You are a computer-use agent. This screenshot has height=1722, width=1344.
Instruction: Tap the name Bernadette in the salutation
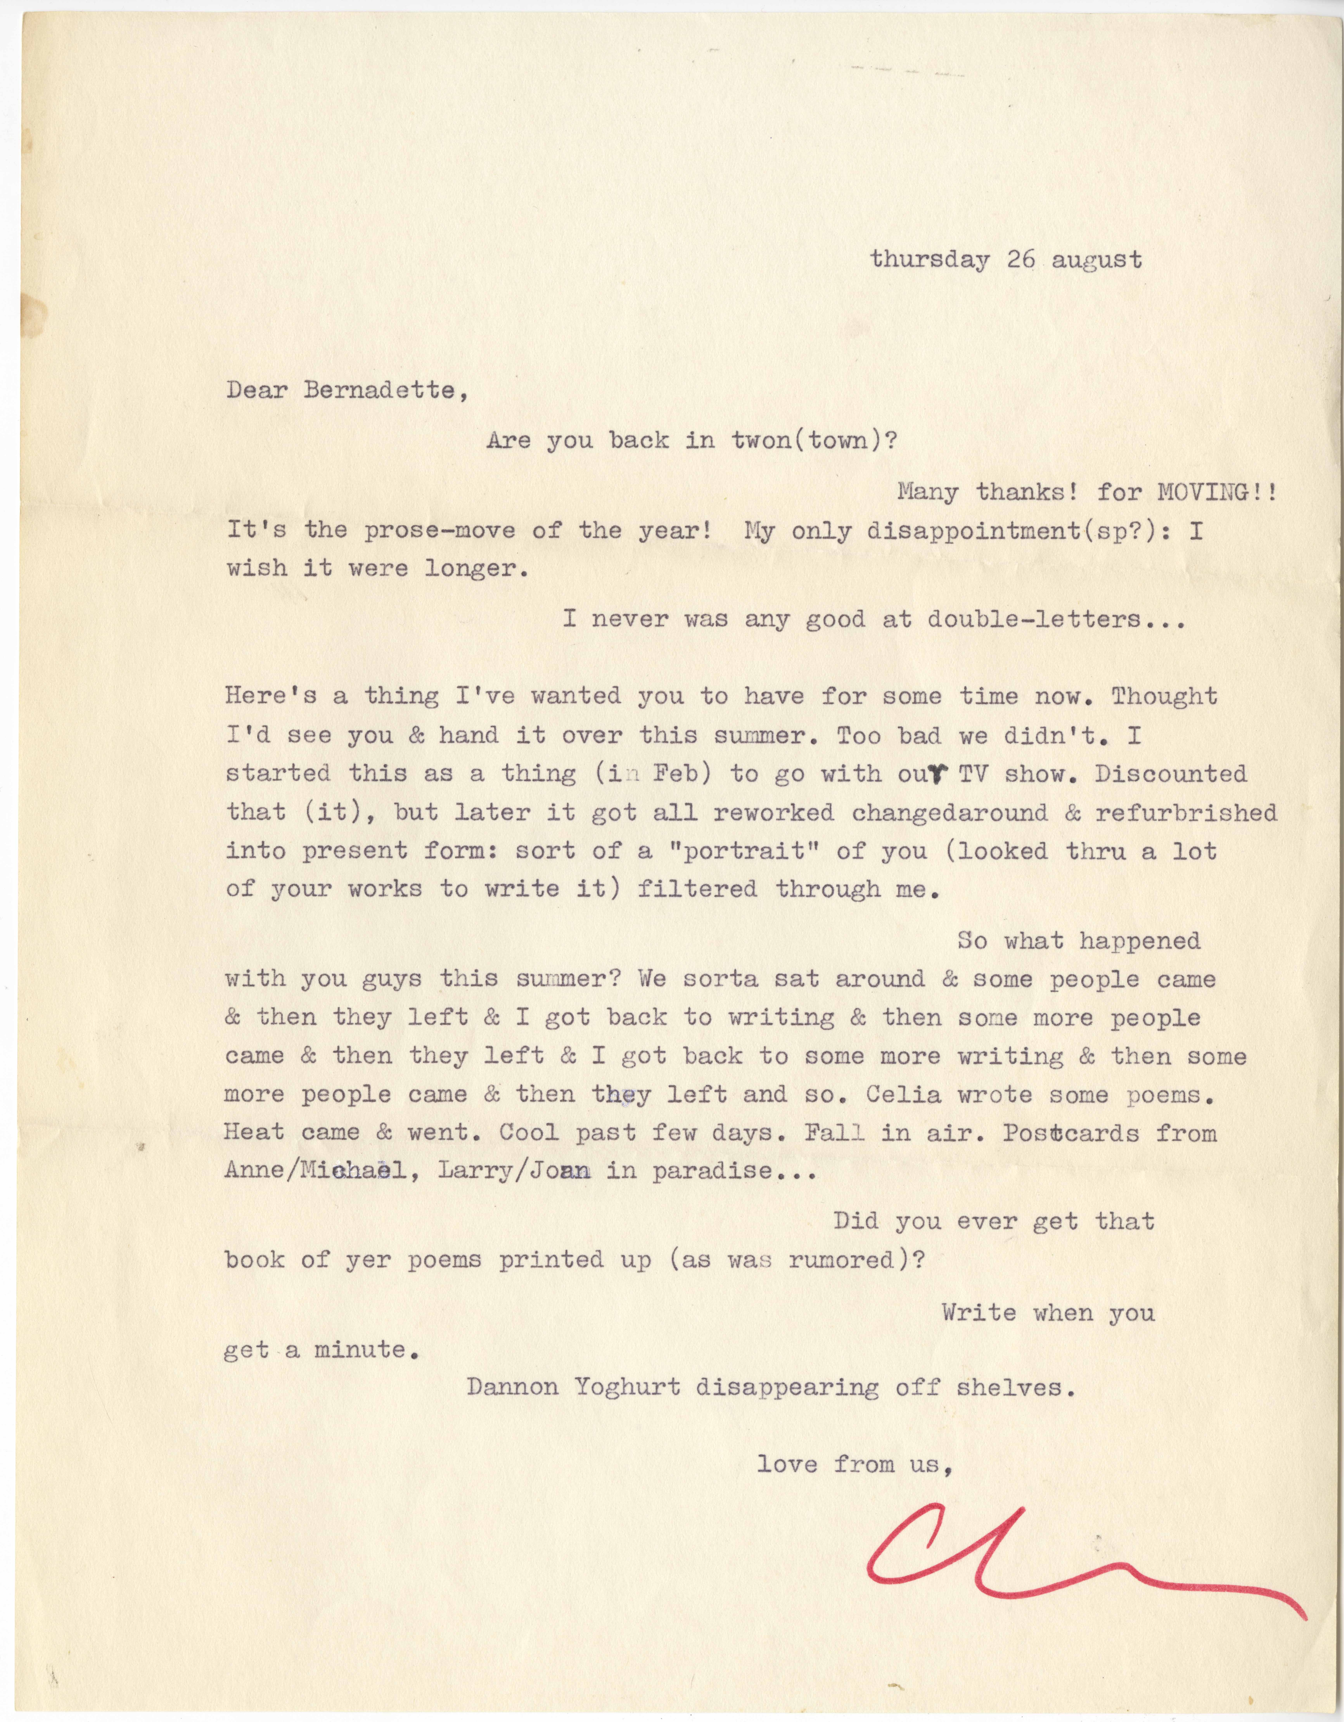380,391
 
